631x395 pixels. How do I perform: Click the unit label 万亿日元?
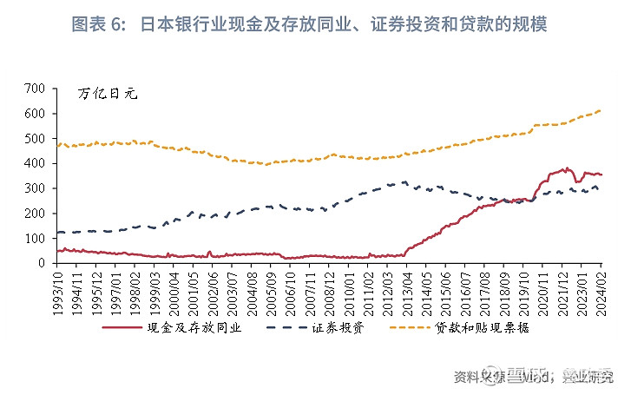tap(108, 94)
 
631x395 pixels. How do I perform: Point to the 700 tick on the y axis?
tap(34, 89)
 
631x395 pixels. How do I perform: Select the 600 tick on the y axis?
tap(34, 114)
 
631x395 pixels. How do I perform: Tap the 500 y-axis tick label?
tap(34, 139)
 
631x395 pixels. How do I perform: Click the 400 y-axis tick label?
tap(34, 163)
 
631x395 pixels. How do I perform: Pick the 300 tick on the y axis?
tap(34, 188)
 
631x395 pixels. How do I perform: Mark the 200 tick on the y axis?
tap(34, 213)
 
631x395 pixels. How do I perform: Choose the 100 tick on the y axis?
tap(34, 238)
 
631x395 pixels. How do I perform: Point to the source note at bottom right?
tap(538, 377)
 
